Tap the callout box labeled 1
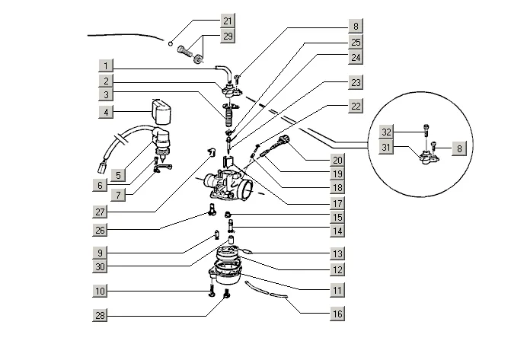(x=107, y=65)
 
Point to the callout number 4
(x=107, y=112)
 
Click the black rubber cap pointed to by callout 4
(x=160, y=111)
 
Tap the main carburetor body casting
(x=228, y=183)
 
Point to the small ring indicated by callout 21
(x=173, y=43)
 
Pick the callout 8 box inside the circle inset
(x=457, y=148)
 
